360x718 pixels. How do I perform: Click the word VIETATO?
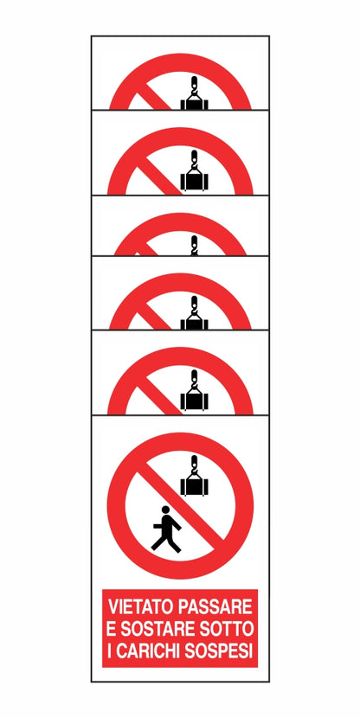pyautogui.click(x=140, y=606)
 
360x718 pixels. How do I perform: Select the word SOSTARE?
pyautogui.click(x=155, y=629)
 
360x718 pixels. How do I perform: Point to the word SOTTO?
pyautogui.click(x=224, y=629)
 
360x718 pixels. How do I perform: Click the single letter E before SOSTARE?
pyautogui.click(x=112, y=629)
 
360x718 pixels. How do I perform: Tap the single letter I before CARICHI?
pyautogui.click(x=109, y=651)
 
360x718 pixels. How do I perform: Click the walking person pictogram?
pyautogui.click(x=166, y=529)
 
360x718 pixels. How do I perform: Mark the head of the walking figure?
pyautogui.click(x=165, y=510)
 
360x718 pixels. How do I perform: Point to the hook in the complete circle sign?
pyautogui.click(x=194, y=465)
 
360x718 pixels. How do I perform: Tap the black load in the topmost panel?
pyautogui.click(x=194, y=105)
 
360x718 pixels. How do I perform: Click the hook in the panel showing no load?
pyautogui.click(x=194, y=246)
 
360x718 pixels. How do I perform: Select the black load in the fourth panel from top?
pyautogui.click(x=194, y=324)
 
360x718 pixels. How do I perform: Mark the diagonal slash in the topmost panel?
pyautogui.click(x=154, y=96)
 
